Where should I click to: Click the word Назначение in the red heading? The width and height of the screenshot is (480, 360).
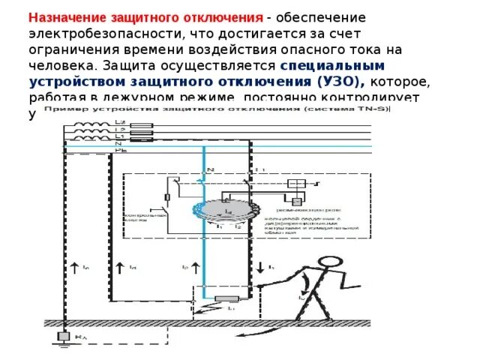(67, 17)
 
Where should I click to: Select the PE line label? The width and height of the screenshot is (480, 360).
(120, 153)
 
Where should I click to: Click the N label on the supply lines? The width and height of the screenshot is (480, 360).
(118, 145)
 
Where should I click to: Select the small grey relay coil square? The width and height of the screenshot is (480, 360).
(298, 199)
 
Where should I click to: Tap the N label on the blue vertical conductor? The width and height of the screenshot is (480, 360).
(212, 169)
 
